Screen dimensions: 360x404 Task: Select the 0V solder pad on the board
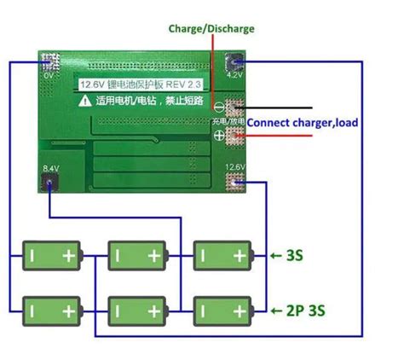click(x=49, y=62)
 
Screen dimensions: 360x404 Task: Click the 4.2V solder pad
click(x=234, y=62)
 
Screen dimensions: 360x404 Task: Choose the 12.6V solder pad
click(x=234, y=180)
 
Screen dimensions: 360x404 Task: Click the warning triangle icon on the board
click(x=85, y=101)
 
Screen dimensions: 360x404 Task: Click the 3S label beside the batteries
click(x=294, y=254)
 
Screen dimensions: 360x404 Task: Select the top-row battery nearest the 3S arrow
click(x=222, y=254)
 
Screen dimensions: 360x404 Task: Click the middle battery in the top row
click(x=136, y=254)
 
